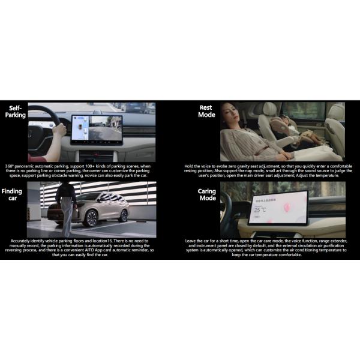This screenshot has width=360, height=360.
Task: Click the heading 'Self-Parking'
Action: click(16, 112)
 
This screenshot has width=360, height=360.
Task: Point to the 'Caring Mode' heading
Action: click(206, 194)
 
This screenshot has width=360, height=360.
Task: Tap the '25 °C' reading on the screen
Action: click(260, 211)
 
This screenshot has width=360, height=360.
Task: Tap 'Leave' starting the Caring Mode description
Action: click(191, 241)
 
